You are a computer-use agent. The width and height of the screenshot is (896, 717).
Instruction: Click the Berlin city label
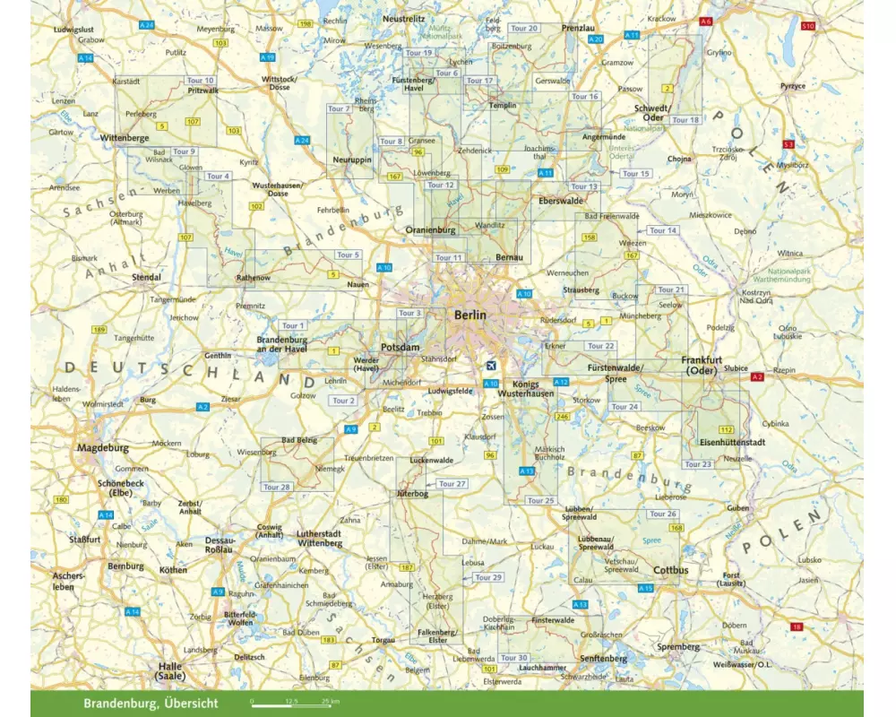click(470, 315)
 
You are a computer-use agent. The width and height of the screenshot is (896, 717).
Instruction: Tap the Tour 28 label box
click(278, 487)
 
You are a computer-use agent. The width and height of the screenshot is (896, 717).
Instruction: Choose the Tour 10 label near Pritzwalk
click(202, 81)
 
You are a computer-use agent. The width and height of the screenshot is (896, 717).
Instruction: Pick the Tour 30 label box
click(514, 658)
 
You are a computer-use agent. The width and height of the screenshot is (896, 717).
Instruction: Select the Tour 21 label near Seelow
click(671, 289)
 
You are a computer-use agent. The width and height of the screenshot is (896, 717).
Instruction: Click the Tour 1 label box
click(293, 325)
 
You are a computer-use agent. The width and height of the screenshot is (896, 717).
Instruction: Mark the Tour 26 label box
click(663, 514)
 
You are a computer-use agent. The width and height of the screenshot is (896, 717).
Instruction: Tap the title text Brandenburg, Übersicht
click(150, 703)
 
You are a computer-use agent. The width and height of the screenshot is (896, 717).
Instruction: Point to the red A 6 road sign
click(705, 21)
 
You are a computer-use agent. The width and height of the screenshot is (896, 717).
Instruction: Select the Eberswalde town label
click(561, 201)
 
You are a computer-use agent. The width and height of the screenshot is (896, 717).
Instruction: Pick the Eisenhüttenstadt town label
click(733, 442)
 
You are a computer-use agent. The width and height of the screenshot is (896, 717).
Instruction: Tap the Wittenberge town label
click(125, 138)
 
